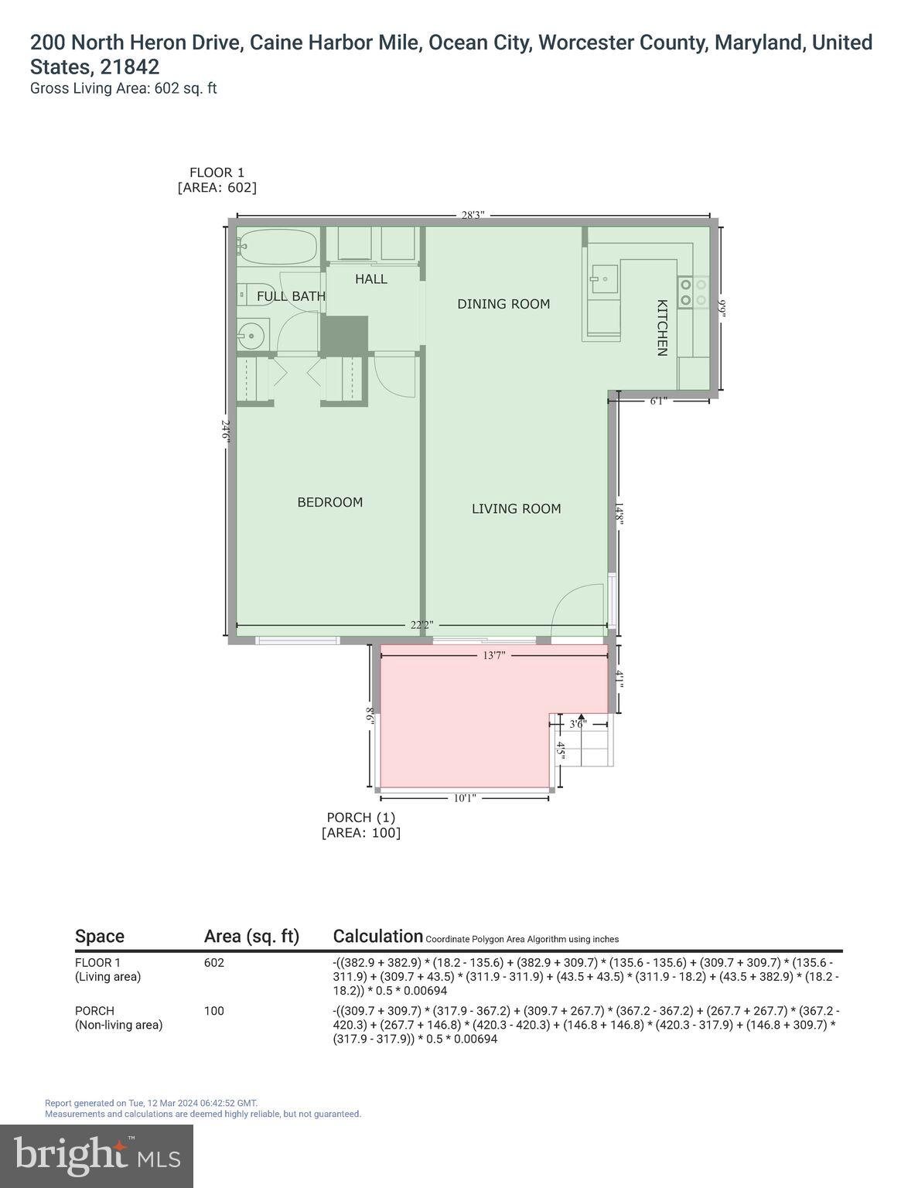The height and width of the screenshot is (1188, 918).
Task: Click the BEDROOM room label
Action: coord(329,502)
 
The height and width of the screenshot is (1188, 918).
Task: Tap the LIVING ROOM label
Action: coord(516,508)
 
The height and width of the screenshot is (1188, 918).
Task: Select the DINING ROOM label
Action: coord(503,304)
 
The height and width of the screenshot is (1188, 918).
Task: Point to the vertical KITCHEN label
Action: coord(662,327)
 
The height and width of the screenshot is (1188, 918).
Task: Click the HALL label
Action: coord(371,278)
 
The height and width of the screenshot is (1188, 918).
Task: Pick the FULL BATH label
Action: coord(291,296)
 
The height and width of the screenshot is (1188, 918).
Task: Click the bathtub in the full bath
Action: coord(278,247)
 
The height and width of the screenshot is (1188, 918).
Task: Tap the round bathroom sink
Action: coord(250,336)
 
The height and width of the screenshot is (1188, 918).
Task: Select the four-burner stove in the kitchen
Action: coord(693,292)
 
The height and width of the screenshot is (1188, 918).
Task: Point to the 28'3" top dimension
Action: coord(473,216)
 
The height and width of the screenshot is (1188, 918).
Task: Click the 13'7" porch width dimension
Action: coord(494,655)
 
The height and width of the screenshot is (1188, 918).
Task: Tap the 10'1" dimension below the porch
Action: coord(464,798)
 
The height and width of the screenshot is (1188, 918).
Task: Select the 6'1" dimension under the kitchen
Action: coord(658,401)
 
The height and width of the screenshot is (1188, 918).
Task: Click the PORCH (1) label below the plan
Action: coord(361,818)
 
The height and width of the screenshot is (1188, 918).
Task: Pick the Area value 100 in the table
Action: coord(213,1011)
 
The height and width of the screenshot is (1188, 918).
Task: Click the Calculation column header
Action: coord(377,936)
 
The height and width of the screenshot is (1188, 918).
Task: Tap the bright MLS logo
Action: coord(97,1156)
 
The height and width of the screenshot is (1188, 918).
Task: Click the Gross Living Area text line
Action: coord(123,88)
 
